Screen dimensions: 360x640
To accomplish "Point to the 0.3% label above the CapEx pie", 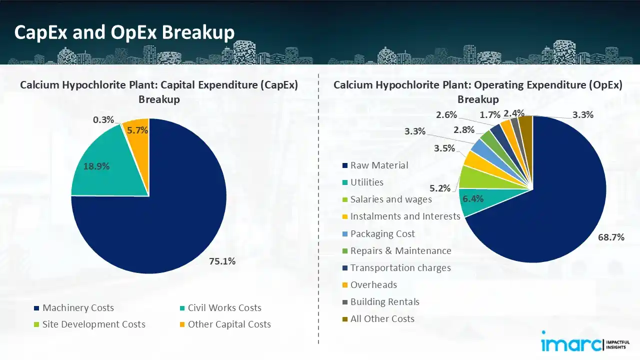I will click(x=103, y=120).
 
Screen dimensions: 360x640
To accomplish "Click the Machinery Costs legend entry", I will click(x=78, y=308).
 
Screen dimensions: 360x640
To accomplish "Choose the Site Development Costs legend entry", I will click(x=93, y=324).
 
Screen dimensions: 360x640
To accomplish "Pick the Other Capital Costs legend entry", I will click(x=229, y=324).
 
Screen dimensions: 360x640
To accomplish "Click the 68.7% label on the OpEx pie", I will click(x=611, y=237).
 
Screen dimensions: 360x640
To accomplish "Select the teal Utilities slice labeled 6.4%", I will click(x=472, y=199).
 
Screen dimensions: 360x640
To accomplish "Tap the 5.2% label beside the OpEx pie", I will click(x=440, y=188).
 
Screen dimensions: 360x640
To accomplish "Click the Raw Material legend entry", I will click(x=379, y=165).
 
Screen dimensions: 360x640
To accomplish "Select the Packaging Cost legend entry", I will click(x=382, y=234).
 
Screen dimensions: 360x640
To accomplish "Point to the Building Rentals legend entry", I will click(x=384, y=302).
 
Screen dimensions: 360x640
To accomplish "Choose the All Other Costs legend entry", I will click(x=382, y=319).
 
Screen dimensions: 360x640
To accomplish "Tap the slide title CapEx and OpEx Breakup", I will click(x=124, y=32).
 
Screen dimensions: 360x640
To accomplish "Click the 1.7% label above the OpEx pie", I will click(x=490, y=114).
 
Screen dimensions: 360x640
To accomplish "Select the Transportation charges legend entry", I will click(x=400, y=268).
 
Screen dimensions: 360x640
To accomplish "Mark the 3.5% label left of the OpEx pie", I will click(x=444, y=148).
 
